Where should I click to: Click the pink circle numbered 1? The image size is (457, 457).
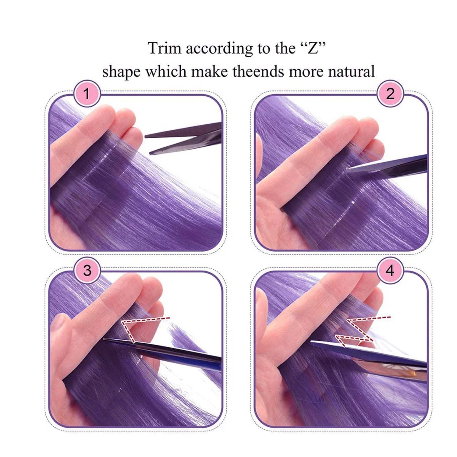click(x=87, y=94)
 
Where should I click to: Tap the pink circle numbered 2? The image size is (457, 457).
click(x=390, y=94)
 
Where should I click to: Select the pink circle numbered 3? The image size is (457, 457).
click(x=87, y=270)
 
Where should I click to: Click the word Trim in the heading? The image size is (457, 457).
click(x=164, y=48)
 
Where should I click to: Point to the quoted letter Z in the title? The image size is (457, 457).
click(x=312, y=48)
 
